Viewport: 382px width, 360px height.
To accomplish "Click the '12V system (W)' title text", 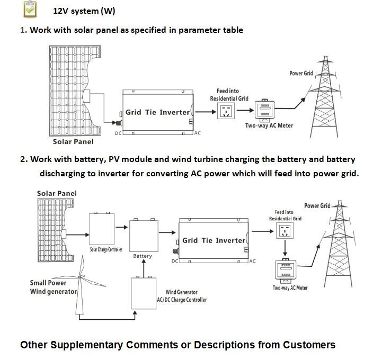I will click(x=84, y=11).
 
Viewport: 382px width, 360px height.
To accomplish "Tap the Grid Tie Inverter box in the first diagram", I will click(x=157, y=112).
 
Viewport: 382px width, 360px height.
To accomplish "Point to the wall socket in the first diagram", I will click(x=225, y=110).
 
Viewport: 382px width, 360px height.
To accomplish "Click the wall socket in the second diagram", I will click(x=285, y=230).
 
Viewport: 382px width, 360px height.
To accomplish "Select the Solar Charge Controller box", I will click(x=102, y=228).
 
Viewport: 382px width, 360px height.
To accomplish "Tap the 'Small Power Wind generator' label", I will click(x=54, y=287).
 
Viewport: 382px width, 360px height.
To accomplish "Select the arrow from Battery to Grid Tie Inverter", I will click(x=167, y=231).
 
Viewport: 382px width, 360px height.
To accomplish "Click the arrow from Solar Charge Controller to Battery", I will click(x=122, y=227).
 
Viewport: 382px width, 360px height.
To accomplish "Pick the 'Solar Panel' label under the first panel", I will click(x=73, y=141).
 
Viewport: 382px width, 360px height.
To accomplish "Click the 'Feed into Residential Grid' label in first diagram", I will click(x=229, y=95).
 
